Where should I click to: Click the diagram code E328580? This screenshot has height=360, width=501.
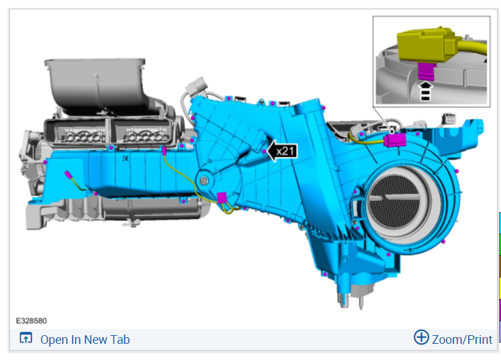point(32,321)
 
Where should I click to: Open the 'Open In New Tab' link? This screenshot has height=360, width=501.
point(85,340)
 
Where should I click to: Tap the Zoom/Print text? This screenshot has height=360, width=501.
point(462,340)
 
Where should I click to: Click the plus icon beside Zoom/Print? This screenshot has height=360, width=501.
point(421,337)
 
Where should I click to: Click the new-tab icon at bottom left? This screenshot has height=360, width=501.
point(26,338)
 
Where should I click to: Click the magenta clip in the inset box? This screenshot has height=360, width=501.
point(426,71)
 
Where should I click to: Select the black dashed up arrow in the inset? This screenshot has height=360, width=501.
point(425,91)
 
